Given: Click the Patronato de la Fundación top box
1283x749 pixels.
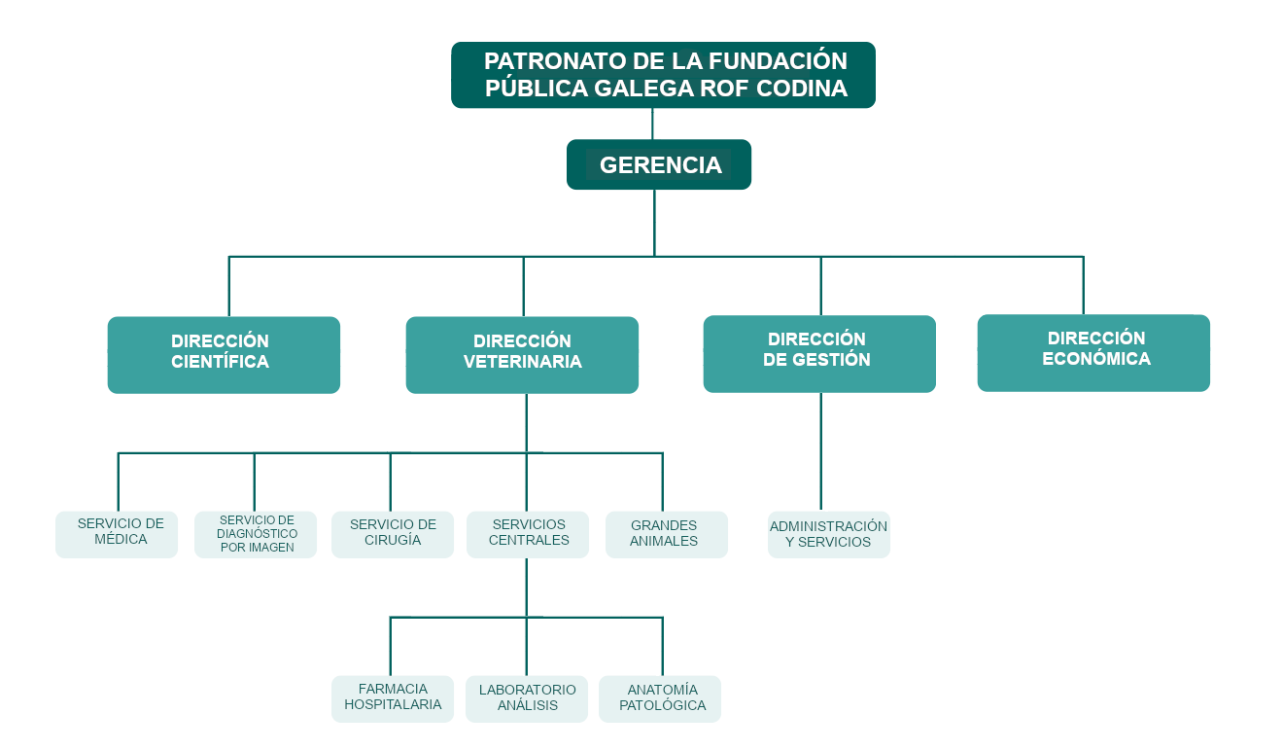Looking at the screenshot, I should pyautogui.click(x=663, y=75).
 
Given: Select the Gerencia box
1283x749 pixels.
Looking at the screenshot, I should pyautogui.click(x=659, y=164).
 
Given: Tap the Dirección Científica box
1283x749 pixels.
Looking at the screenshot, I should pyautogui.click(x=224, y=354).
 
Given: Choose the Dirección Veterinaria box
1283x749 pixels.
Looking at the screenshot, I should pyautogui.click(x=522, y=354).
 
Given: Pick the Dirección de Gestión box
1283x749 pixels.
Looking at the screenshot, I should pyautogui.click(x=818, y=353).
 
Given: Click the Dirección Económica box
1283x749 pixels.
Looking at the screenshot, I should pyautogui.click(x=1093, y=352).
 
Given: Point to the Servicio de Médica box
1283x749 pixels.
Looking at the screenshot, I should pyautogui.click(x=117, y=534).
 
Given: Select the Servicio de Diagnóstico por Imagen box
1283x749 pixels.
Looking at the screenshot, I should pyautogui.click(x=256, y=534).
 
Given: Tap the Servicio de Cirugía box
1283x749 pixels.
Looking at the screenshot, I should pyautogui.click(x=393, y=534).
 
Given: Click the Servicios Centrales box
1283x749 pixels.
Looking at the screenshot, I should pyautogui.click(x=528, y=534).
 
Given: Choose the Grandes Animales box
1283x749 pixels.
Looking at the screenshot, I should pyautogui.click(x=667, y=534).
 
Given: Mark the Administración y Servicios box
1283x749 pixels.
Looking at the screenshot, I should pyautogui.click(x=829, y=534).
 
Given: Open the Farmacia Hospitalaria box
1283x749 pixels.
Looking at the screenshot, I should pyautogui.click(x=393, y=698).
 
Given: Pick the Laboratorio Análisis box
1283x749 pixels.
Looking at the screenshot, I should pyautogui.click(x=527, y=698).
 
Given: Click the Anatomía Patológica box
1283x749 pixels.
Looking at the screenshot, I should pyautogui.click(x=660, y=698).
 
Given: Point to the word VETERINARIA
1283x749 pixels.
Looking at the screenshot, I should pyautogui.click(x=522, y=363).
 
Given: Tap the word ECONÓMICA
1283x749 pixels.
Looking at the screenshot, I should pyautogui.click(x=1095, y=359).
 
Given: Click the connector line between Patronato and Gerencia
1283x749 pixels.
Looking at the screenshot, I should pyautogui.click(x=652, y=124).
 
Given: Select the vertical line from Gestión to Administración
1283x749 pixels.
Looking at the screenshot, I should pyautogui.click(x=820, y=452).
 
